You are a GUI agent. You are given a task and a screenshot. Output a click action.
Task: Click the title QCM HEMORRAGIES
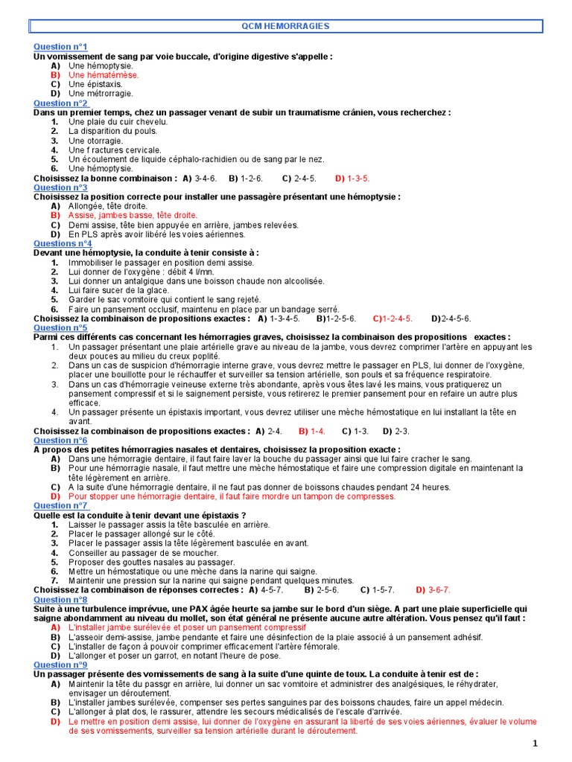pyautogui.click(x=296, y=26)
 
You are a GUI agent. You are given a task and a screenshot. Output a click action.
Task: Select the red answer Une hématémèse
pyautogui.click(x=103, y=75)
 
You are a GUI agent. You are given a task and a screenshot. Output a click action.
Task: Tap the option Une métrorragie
pyautogui.click(x=101, y=94)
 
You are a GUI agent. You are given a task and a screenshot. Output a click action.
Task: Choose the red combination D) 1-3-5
pyautogui.click(x=352, y=179)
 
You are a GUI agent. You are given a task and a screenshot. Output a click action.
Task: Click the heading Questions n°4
pyautogui.click(x=63, y=243)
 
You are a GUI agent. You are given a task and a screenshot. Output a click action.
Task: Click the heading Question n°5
pyautogui.click(x=60, y=327)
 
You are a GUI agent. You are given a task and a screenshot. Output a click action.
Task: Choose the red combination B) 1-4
pyautogui.click(x=312, y=431)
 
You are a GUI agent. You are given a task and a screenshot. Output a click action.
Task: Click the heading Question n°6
pyautogui.click(x=60, y=441)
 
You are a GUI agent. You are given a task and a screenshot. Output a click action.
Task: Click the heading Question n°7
pyautogui.click(x=60, y=506)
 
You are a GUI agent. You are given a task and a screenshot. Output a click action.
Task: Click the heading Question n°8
pyautogui.click(x=60, y=600)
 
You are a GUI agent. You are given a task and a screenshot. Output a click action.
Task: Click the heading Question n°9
pyautogui.click(x=60, y=665)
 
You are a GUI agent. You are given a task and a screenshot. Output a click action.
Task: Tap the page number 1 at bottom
pyautogui.click(x=535, y=744)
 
